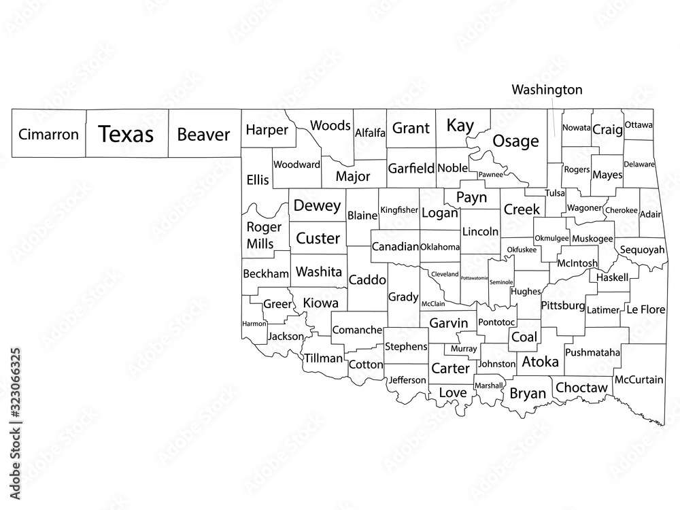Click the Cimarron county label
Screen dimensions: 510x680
(48, 135)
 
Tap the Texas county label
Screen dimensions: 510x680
(126, 134)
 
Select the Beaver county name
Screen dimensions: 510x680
(203, 134)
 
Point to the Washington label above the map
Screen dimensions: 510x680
(547, 89)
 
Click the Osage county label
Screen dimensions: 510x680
(515, 141)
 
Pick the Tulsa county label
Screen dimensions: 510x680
(555, 193)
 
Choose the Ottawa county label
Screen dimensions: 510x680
(639, 124)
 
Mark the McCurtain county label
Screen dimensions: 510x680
(639, 379)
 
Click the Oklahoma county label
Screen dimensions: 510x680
(440, 247)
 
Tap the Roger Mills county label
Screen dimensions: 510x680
(260, 235)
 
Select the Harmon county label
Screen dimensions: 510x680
(254, 324)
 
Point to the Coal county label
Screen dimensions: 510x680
(524, 337)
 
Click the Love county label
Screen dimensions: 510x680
(452, 392)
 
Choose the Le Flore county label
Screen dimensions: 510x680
(645, 309)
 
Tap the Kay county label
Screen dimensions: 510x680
(460, 125)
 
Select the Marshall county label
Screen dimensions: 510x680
(489, 386)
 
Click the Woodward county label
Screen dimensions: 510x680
(296, 165)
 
